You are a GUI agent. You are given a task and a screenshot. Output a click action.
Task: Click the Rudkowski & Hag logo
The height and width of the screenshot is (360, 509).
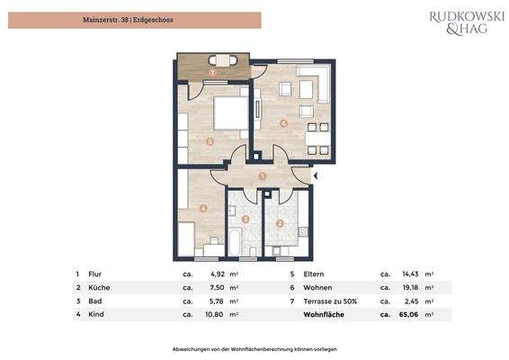point(466,22)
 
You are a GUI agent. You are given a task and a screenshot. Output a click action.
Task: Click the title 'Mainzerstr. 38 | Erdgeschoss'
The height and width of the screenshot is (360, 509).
point(135,20)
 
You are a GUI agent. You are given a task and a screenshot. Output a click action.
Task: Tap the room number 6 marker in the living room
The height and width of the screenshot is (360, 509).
point(283,123)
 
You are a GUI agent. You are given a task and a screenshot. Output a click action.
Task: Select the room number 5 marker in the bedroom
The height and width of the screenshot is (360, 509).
point(209,141)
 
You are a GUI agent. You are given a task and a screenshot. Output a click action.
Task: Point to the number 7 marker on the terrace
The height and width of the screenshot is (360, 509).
point(212,72)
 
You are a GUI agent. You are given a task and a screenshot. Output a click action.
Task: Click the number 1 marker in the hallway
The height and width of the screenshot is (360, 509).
point(262,176)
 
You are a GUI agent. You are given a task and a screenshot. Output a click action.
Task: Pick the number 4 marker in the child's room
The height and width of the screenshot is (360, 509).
point(203,209)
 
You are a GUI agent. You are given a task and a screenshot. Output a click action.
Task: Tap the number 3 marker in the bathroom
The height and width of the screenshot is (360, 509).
point(246,220)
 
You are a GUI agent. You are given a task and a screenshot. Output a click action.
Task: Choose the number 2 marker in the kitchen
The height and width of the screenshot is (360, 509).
point(280,223)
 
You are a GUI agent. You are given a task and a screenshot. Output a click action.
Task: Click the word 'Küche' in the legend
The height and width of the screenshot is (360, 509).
point(100,287)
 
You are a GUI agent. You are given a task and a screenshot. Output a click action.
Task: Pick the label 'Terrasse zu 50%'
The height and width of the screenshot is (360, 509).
point(331,301)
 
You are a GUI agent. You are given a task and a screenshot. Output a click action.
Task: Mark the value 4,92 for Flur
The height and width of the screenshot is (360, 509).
point(218,273)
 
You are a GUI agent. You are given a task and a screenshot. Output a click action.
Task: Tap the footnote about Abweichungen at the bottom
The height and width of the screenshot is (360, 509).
point(254,347)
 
